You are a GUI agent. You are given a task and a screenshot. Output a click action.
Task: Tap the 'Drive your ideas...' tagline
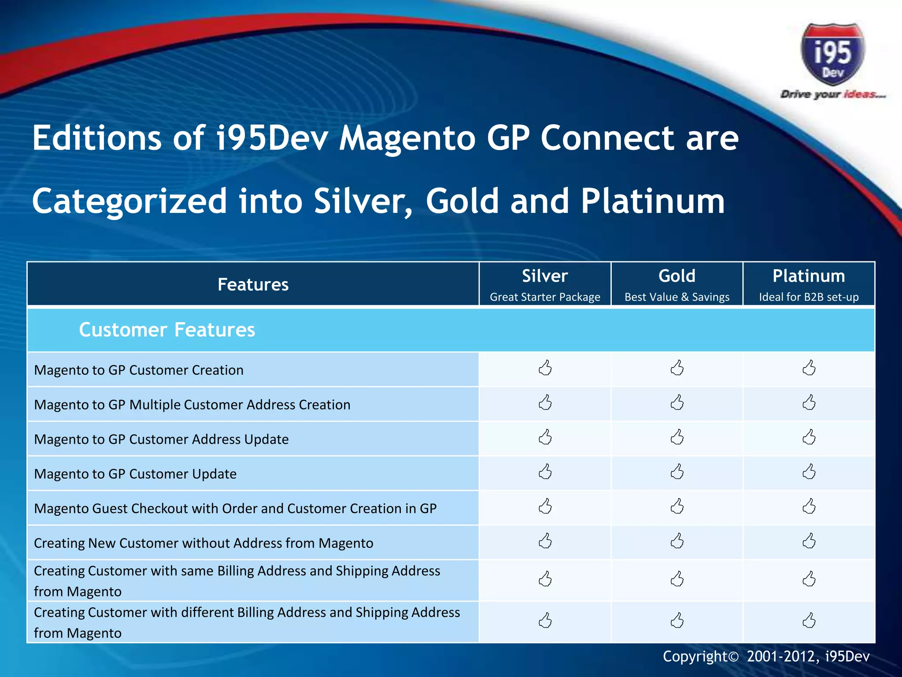point(832,94)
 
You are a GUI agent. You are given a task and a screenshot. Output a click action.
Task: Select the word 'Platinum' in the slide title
point(652,201)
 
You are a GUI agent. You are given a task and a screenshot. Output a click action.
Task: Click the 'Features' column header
point(253,285)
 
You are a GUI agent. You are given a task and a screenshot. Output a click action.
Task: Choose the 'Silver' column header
point(545,276)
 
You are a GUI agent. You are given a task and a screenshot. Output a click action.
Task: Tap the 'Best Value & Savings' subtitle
point(677,297)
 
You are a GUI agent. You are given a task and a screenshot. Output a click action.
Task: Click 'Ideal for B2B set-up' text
point(809,297)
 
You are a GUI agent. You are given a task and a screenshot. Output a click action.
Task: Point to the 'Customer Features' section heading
point(167,330)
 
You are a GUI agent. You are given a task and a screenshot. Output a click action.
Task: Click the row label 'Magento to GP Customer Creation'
point(139,370)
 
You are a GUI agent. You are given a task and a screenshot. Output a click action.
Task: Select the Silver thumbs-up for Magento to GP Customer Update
point(545,472)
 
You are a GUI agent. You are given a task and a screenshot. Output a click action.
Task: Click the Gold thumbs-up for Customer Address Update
point(677,437)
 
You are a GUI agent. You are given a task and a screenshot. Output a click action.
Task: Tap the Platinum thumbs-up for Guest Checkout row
point(809,506)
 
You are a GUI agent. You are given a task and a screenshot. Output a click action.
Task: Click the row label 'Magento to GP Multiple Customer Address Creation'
point(192,405)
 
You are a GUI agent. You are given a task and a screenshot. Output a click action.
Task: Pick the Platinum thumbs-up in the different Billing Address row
point(809,621)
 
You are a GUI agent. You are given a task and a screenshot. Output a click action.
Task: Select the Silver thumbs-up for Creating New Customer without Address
point(545,541)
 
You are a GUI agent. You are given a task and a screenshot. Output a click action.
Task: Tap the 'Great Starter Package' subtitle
point(545,297)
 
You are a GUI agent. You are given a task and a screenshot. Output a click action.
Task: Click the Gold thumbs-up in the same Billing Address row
point(677,579)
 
